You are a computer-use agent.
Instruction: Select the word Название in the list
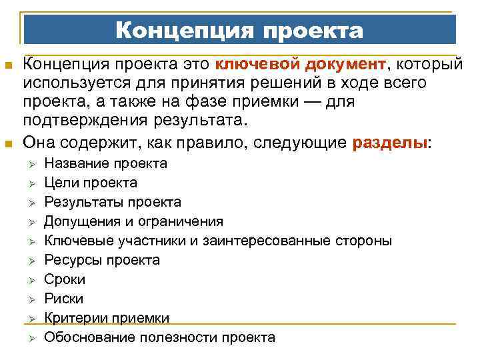76,163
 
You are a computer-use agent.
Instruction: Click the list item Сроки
65,279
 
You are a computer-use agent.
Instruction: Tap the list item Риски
63,299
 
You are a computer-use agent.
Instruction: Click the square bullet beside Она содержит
8,143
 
